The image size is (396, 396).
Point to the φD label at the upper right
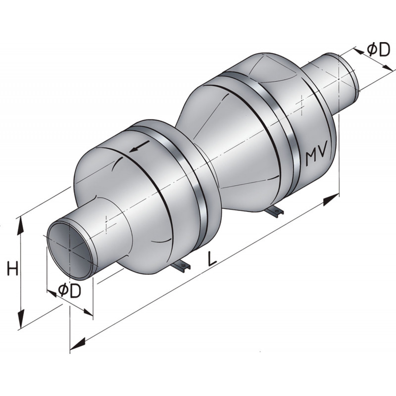tap(377, 49)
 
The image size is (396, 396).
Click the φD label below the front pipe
tap(69, 291)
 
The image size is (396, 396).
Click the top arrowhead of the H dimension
tap(21, 224)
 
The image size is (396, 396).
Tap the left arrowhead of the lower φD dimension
tap(51, 292)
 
